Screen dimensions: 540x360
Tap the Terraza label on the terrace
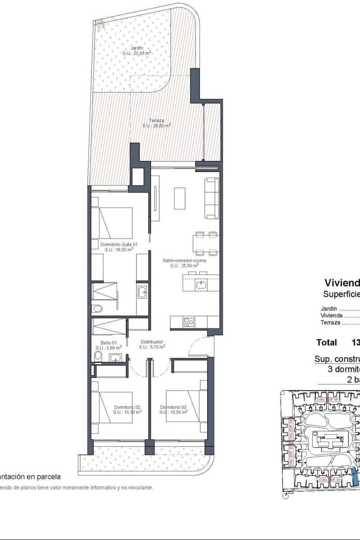[157, 121]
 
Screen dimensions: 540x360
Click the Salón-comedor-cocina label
[184, 261]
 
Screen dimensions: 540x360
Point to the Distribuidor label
[152, 342]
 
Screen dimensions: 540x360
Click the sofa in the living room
[212, 198]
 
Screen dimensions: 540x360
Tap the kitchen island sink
[201, 284]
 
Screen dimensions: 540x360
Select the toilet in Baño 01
[99, 356]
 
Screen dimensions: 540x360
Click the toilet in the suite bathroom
[97, 309]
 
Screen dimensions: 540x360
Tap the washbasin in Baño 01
[116, 358]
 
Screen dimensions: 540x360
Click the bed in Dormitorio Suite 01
[112, 223]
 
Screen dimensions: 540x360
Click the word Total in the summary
[326, 342]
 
